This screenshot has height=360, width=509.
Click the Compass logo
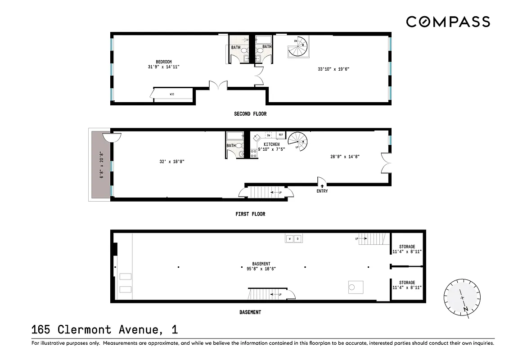click(448, 21)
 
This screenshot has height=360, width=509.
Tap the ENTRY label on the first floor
click(322, 191)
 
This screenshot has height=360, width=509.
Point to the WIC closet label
click(172, 94)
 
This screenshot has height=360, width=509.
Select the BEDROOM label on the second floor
click(164, 62)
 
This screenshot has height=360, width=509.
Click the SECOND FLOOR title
click(250, 114)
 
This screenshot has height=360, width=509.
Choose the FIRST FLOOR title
click(250, 214)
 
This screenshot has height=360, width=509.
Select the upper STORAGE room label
click(407, 247)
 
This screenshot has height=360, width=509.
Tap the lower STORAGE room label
click(407, 283)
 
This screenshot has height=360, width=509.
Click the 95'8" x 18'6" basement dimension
click(261, 269)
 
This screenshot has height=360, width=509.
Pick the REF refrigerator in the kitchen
click(280, 135)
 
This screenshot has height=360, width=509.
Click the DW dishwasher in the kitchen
click(269, 135)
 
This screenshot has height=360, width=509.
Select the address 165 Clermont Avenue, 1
click(104, 330)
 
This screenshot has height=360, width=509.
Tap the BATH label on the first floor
click(231, 146)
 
